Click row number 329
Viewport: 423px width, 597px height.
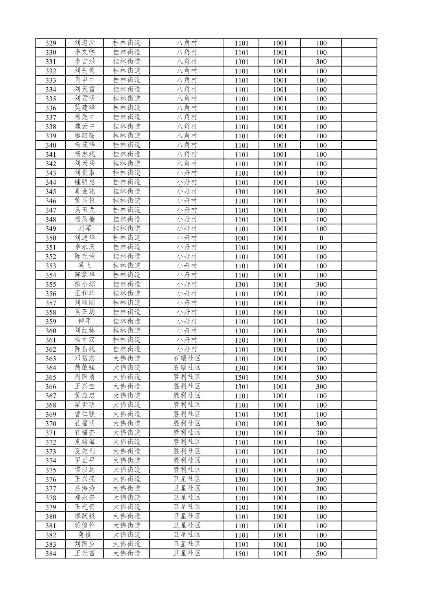coord(51,43)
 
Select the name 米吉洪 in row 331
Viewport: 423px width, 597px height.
coord(85,62)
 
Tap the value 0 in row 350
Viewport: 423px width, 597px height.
coord(321,238)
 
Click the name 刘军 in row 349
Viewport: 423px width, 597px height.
coord(85,229)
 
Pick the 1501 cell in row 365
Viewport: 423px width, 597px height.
coord(241,377)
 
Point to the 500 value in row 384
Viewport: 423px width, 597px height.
coord(321,554)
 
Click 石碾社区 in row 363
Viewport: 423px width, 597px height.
coord(187,358)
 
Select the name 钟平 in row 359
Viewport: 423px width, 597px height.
coord(85,321)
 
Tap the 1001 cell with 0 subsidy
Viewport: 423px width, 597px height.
coord(280,238)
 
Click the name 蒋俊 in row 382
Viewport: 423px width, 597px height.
coord(85,535)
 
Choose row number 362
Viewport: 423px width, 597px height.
coord(51,349)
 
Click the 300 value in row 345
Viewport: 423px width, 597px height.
coord(321,192)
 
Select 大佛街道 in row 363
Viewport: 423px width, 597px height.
coord(127,358)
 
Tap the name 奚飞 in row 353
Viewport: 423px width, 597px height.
coord(85,266)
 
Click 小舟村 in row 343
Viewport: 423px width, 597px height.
coord(187,173)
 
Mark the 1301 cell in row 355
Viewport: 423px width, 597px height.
coord(241,285)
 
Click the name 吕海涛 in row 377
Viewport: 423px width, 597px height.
coord(85,489)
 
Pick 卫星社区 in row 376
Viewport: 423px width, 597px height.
coord(187,479)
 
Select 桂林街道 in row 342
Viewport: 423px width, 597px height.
coord(127,163)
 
